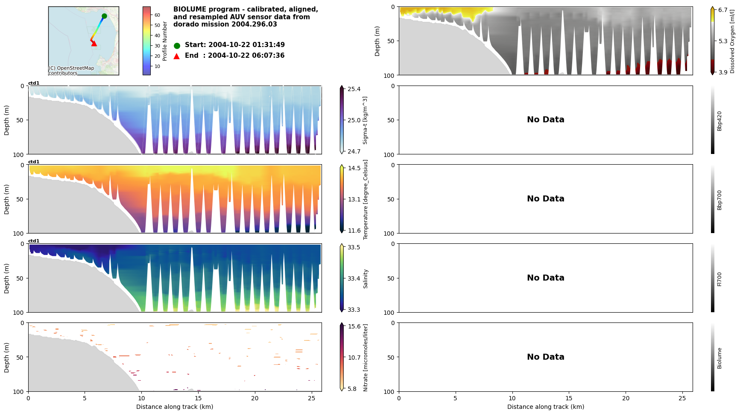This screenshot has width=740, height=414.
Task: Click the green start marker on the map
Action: (x=104, y=16)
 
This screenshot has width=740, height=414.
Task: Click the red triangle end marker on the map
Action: (x=94, y=43)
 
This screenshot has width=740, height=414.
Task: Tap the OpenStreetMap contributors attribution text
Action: (x=71, y=71)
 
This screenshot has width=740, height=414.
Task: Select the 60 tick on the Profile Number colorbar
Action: (x=157, y=15)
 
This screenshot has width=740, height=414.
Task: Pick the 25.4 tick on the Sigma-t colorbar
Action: (x=354, y=89)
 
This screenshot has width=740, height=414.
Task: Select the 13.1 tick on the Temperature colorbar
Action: (x=354, y=199)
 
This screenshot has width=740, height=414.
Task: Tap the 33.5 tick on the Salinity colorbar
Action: (x=354, y=247)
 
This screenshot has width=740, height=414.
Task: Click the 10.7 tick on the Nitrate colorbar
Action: (x=354, y=358)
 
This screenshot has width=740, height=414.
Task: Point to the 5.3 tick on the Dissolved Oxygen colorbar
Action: (x=723, y=41)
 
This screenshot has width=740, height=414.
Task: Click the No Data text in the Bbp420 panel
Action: (x=545, y=120)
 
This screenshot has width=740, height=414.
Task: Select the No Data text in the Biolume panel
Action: (x=545, y=357)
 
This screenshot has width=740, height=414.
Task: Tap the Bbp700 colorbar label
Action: (x=720, y=200)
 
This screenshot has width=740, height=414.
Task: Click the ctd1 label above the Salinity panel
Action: (x=34, y=241)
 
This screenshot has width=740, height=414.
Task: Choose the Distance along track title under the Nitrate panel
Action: (x=175, y=407)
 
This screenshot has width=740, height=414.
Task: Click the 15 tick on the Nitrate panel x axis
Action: (x=198, y=398)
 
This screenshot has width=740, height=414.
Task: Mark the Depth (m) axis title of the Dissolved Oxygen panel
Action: (x=377, y=41)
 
